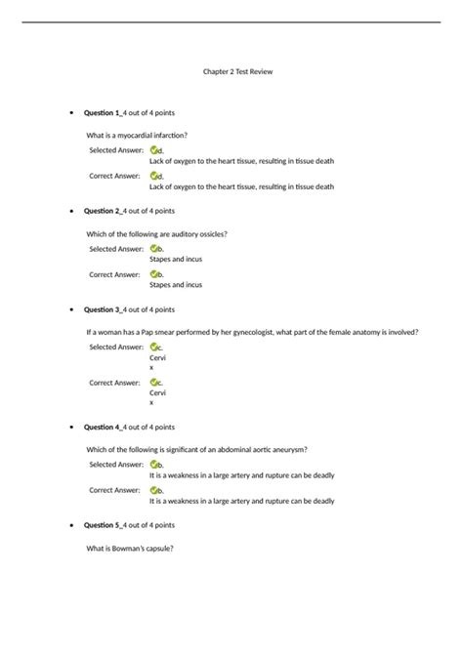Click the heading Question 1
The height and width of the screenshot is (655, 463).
(x=103, y=113)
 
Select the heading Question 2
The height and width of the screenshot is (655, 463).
(x=103, y=210)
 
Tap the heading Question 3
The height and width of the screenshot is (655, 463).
(x=103, y=309)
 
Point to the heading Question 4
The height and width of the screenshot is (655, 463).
(x=103, y=427)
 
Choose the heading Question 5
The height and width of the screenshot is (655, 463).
(x=103, y=525)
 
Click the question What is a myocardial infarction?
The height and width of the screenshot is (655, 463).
(x=137, y=135)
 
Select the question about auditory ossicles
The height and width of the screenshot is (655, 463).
(x=156, y=233)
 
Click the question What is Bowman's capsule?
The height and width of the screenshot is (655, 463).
(x=130, y=548)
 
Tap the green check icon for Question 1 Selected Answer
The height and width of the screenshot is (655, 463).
(x=154, y=150)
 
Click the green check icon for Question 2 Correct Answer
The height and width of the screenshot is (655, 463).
(x=154, y=274)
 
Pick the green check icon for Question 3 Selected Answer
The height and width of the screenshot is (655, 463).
(x=154, y=347)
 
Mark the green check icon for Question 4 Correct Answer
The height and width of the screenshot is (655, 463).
(x=154, y=490)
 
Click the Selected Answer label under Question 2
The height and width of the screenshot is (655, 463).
(x=116, y=249)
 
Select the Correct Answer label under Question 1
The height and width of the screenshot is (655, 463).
(x=115, y=176)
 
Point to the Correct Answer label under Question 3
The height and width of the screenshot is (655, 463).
(x=115, y=383)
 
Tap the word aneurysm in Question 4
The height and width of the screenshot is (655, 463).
(x=290, y=449)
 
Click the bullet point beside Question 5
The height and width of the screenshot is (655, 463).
(x=65, y=526)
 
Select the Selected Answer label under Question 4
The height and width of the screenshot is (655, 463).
(x=116, y=465)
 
